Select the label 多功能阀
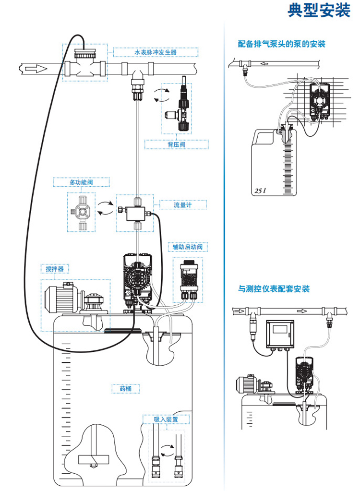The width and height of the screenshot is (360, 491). (81, 182)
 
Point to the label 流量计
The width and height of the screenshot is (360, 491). (183, 205)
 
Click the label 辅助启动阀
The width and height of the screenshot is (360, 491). (189, 247)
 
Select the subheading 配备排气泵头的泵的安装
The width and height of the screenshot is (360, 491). (282, 44)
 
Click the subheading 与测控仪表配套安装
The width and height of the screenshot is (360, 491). (274, 289)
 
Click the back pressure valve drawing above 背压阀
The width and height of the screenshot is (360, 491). (180, 106)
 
